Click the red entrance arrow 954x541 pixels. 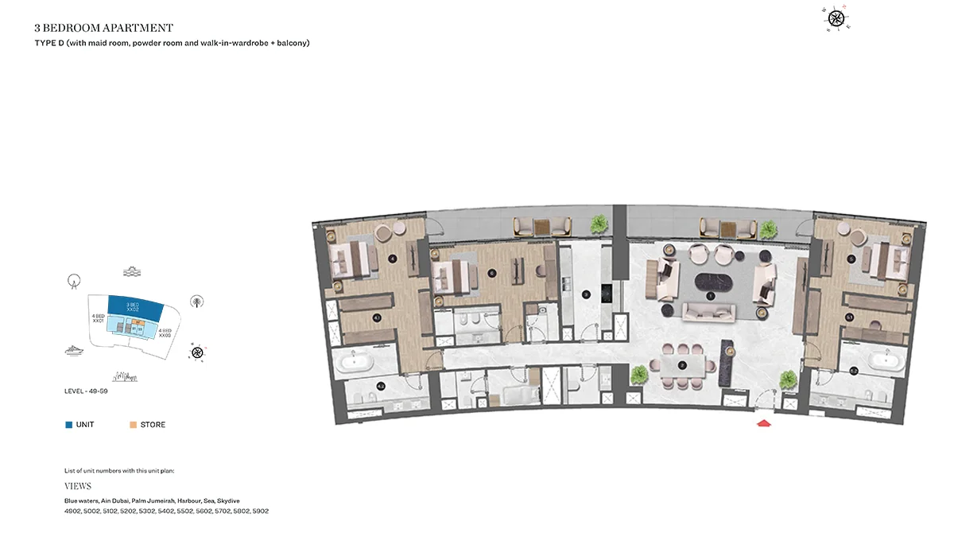764,423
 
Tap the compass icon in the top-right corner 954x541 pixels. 836,18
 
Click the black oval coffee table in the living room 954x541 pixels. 710,282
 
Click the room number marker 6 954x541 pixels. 492,273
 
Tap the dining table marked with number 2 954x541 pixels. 683,365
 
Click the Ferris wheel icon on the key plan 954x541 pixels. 74,279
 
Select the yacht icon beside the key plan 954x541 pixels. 74,350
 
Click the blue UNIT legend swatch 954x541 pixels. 69,425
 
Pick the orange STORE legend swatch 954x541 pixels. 133,425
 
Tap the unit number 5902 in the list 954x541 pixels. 261,511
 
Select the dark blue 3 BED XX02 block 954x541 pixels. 134,305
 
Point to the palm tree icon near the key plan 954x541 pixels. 196,301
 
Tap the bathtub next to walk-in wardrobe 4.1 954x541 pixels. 354,363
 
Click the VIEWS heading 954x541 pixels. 78,486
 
